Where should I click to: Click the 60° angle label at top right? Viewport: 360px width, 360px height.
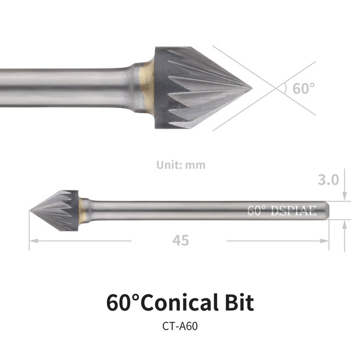303,89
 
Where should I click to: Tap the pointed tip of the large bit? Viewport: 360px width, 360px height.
251,88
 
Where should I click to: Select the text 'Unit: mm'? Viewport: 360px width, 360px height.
181,165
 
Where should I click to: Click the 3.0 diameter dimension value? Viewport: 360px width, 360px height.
329,180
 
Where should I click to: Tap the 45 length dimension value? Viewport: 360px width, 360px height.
181,240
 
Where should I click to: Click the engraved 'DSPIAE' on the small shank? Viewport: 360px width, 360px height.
294,210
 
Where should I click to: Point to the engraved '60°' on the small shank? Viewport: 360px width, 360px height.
256,210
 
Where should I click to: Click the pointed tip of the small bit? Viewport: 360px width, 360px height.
31,210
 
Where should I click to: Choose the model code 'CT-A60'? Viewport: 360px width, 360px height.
180,326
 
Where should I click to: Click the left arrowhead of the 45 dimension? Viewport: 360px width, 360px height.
33,240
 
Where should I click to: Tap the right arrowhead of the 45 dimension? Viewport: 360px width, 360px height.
326,240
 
